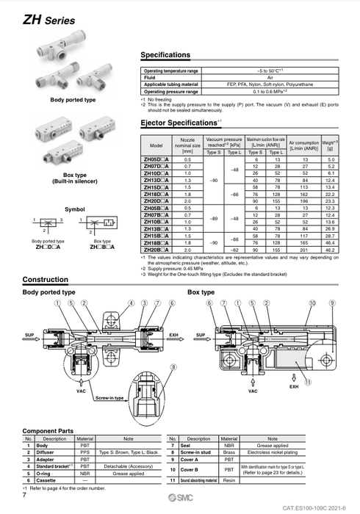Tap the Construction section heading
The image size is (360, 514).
pyautogui.click(x=46, y=280)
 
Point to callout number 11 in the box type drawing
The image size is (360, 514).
pyautogui.click(x=308, y=383)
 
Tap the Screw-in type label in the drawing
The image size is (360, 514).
pyautogui.click(x=111, y=397)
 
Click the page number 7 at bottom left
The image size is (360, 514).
pyautogui.click(x=25, y=498)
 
